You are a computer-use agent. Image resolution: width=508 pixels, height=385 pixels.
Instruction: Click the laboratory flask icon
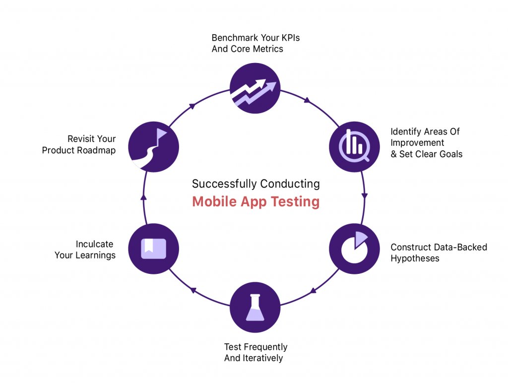pyautogui.click(x=255, y=307)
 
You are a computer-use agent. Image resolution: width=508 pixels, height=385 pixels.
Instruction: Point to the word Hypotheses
pyautogui.click(x=415, y=258)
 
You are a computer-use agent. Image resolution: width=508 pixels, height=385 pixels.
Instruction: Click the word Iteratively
pyautogui.click(x=262, y=358)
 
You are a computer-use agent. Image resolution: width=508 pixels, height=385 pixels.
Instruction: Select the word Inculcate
pyautogui.click(x=94, y=244)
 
